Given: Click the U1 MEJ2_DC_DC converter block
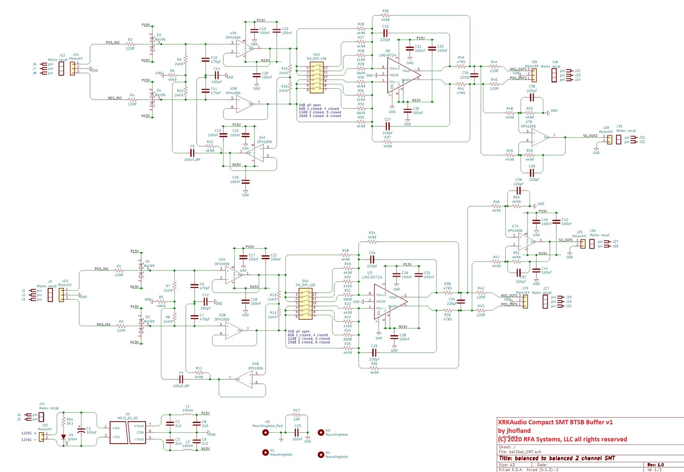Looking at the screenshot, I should pos(127,433).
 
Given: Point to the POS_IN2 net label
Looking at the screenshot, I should pos(113,43).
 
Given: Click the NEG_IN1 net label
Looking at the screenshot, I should pos(104,325).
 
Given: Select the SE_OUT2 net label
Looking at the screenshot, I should pos(590,136).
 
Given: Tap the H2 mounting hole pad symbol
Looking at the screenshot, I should pos(265,433).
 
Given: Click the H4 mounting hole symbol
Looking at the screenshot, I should pos(321,455).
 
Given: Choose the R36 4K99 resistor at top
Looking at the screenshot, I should pos(385,16).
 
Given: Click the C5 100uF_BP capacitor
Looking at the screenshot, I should pos(192,153).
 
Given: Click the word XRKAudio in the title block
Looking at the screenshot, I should pos(512,422).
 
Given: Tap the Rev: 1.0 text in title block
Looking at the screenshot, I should pos(655,465).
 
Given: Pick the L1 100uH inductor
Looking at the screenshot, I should pos(187,415).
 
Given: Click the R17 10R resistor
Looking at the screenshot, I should pos(296,415).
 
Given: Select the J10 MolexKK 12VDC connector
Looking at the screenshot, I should pos(42,437).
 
